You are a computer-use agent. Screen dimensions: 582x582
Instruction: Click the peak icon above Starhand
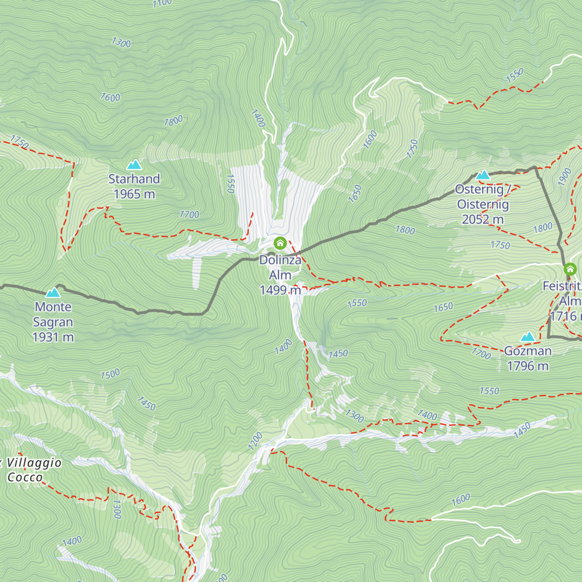[x=134, y=164]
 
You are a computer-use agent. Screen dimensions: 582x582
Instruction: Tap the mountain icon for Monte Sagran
[x=53, y=292]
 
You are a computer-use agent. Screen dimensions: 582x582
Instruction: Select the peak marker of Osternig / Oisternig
[x=483, y=175]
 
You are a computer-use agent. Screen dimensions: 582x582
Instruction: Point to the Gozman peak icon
[x=528, y=337]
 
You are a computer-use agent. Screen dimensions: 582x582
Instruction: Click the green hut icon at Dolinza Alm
[x=280, y=243]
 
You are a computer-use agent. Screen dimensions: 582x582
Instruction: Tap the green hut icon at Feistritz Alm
[x=570, y=269]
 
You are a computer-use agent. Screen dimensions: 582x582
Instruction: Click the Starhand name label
[x=134, y=179]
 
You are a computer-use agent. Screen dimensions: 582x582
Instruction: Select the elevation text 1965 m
[x=134, y=194]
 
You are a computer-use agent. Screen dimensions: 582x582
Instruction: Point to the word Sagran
[x=53, y=322]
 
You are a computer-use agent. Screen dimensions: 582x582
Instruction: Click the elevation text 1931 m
[x=53, y=337]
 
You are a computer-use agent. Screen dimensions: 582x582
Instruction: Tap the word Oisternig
[x=483, y=204]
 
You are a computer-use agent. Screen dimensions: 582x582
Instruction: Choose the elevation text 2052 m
[x=483, y=219]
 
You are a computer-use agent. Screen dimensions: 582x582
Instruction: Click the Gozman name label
[x=528, y=351]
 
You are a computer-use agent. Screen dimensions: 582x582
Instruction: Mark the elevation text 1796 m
[x=528, y=366]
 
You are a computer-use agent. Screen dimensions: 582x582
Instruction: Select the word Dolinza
[x=280, y=260]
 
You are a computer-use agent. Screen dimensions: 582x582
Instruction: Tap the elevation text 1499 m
[x=280, y=290]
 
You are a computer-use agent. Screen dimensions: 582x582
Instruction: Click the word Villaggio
[x=34, y=463]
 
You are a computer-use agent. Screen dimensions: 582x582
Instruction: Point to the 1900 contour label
[x=565, y=178]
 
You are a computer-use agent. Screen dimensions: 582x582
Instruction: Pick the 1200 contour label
[x=255, y=441]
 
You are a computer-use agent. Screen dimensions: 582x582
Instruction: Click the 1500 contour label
[x=110, y=374]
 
